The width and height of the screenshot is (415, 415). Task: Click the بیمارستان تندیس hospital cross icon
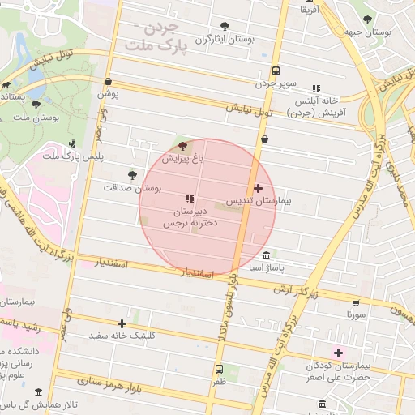pos(259,188)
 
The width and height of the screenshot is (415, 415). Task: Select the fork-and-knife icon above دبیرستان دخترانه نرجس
pos(190,199)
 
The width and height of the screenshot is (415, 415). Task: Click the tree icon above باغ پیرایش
pos(182,146)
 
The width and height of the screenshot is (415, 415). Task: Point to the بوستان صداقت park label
pos(132,187)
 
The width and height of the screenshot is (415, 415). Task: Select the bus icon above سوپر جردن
pos(276,70)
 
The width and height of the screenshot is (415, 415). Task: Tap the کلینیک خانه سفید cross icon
pos(122,323)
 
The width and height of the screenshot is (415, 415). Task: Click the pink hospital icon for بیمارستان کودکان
pos(338,353)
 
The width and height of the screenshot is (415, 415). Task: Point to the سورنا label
pos(357,313)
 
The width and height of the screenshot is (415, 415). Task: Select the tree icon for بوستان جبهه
pos(368,19)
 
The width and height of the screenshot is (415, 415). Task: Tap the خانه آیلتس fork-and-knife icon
pos(316,88)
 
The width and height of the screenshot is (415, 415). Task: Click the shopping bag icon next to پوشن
pos(109,81)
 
